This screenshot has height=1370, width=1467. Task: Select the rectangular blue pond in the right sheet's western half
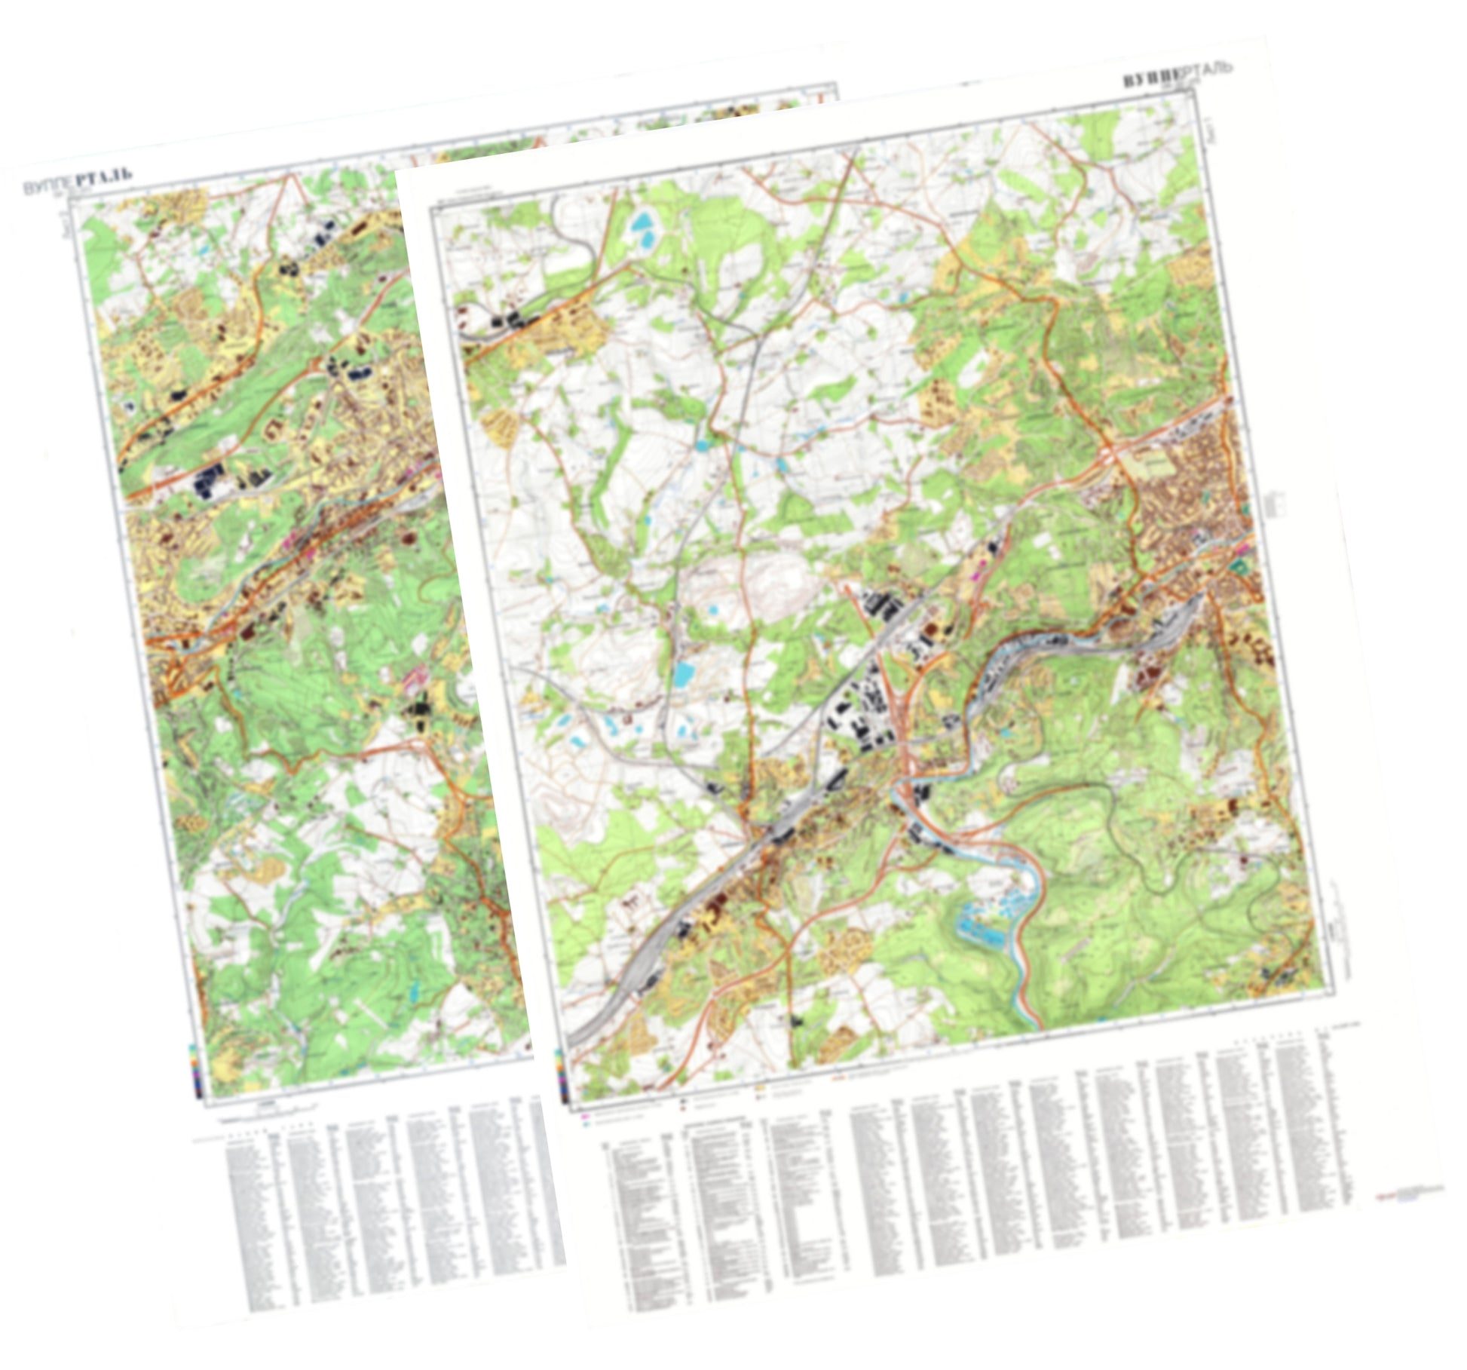pyautogui.click(x=684, y=673)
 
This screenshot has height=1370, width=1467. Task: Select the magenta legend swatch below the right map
pyautogui.click(x=584, y=1113)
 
